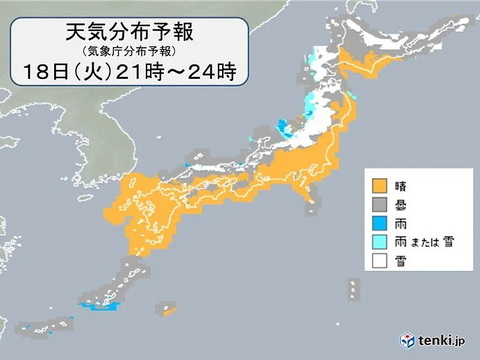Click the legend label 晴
click(402, 186)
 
